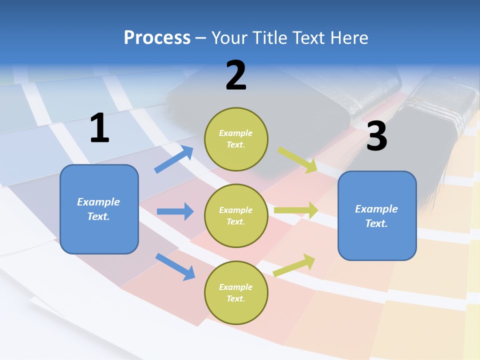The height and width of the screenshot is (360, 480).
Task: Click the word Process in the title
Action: pyautogui.click(x=157, y=37)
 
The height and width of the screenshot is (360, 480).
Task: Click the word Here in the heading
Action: pyautogui.click(x=348, y=37)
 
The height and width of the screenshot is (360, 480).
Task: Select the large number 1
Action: pyautogui.click(x=99, y=128)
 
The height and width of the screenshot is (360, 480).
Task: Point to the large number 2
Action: pyautogui.click(x=236, y=75)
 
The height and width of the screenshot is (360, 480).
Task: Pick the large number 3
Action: pyautogui.click(x=376, y=136)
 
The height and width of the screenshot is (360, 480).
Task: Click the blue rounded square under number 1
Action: pyautogui.click(x=99, y=209)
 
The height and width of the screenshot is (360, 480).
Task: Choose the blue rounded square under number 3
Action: pyautogui.click(x=377, y=215)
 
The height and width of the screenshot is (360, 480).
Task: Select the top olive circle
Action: pyautogui.click(x=236, y=139)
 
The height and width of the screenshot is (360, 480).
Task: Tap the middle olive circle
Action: pyautogui.click(x=236, y=215)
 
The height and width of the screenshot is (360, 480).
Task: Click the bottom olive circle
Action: pyautogui.click(x=236, y=292)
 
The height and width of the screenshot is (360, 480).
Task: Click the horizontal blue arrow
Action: pyautogui.click(x=175, y=211)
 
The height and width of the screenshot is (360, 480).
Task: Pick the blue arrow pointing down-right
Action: pyautogui.click(x=175, y=266)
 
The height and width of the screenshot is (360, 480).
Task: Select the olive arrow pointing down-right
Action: pyautogui.click(x=297, y=159)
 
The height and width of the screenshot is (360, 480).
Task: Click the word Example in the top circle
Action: pyautogui.click(x=236, y=133)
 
